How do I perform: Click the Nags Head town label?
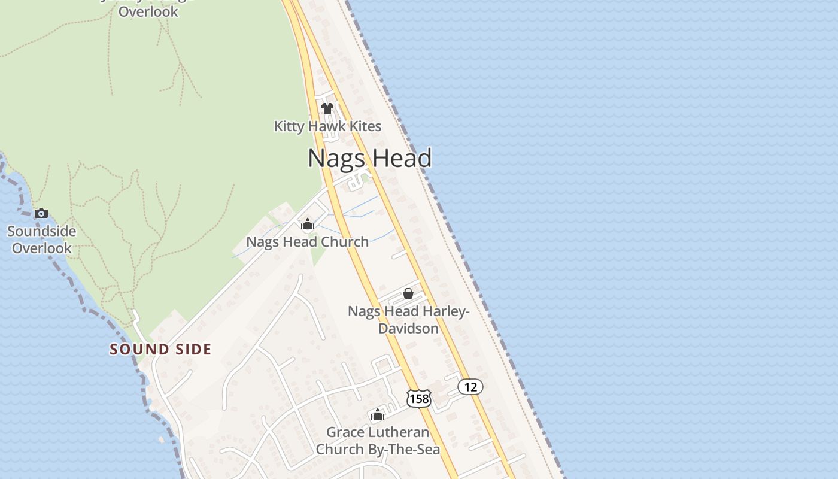click(x=369, y=159)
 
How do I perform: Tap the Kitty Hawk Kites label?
click(x=327, y=126)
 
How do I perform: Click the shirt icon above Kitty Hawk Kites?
click(x=327, y=108)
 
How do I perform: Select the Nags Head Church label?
click(x=308, y=242)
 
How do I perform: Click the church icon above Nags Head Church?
click(x=308, y=225)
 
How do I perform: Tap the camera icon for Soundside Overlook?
click(x=41, y=213)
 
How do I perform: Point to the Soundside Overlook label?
click(x=42, y=239)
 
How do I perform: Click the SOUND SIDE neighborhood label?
click(x=160, y=350)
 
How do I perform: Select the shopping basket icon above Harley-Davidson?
click(x=408, y=293)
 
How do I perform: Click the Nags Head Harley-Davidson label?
click(x=409, y=320)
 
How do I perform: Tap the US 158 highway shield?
click(x=418, y=398)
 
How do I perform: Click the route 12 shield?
click(x=470, y=387)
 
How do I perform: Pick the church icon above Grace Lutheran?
click(x=377, y=414)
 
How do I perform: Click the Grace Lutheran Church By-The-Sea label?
click(x=378, y=441)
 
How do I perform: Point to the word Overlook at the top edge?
click(x=148, y=11)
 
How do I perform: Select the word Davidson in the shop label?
click(x=409, y=329)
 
